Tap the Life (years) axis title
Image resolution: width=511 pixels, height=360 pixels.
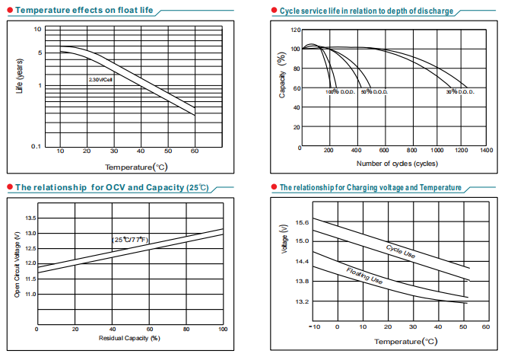[x=20, y=76]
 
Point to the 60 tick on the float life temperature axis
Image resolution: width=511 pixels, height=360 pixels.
[x=194, y=152]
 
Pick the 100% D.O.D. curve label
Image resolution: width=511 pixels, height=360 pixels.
[x=340, y=92]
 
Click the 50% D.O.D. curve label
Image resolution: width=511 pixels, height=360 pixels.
[x=374, y=92]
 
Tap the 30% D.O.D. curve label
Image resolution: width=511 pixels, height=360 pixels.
[x=460, y=92]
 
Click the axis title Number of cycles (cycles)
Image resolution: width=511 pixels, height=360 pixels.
[x=396, y=164]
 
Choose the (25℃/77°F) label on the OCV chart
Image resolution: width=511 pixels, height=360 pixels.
[x=131, y=240]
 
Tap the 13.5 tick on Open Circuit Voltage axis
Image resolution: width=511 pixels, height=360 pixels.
[x=31, y=218]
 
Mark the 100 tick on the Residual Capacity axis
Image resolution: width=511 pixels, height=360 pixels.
[x=222, y=329]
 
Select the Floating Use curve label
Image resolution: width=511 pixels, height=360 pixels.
[x=364, y=276]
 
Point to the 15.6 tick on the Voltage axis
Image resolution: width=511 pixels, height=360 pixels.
[x=302, y=222]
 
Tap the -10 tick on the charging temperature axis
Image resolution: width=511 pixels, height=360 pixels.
[x=315, y=327]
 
